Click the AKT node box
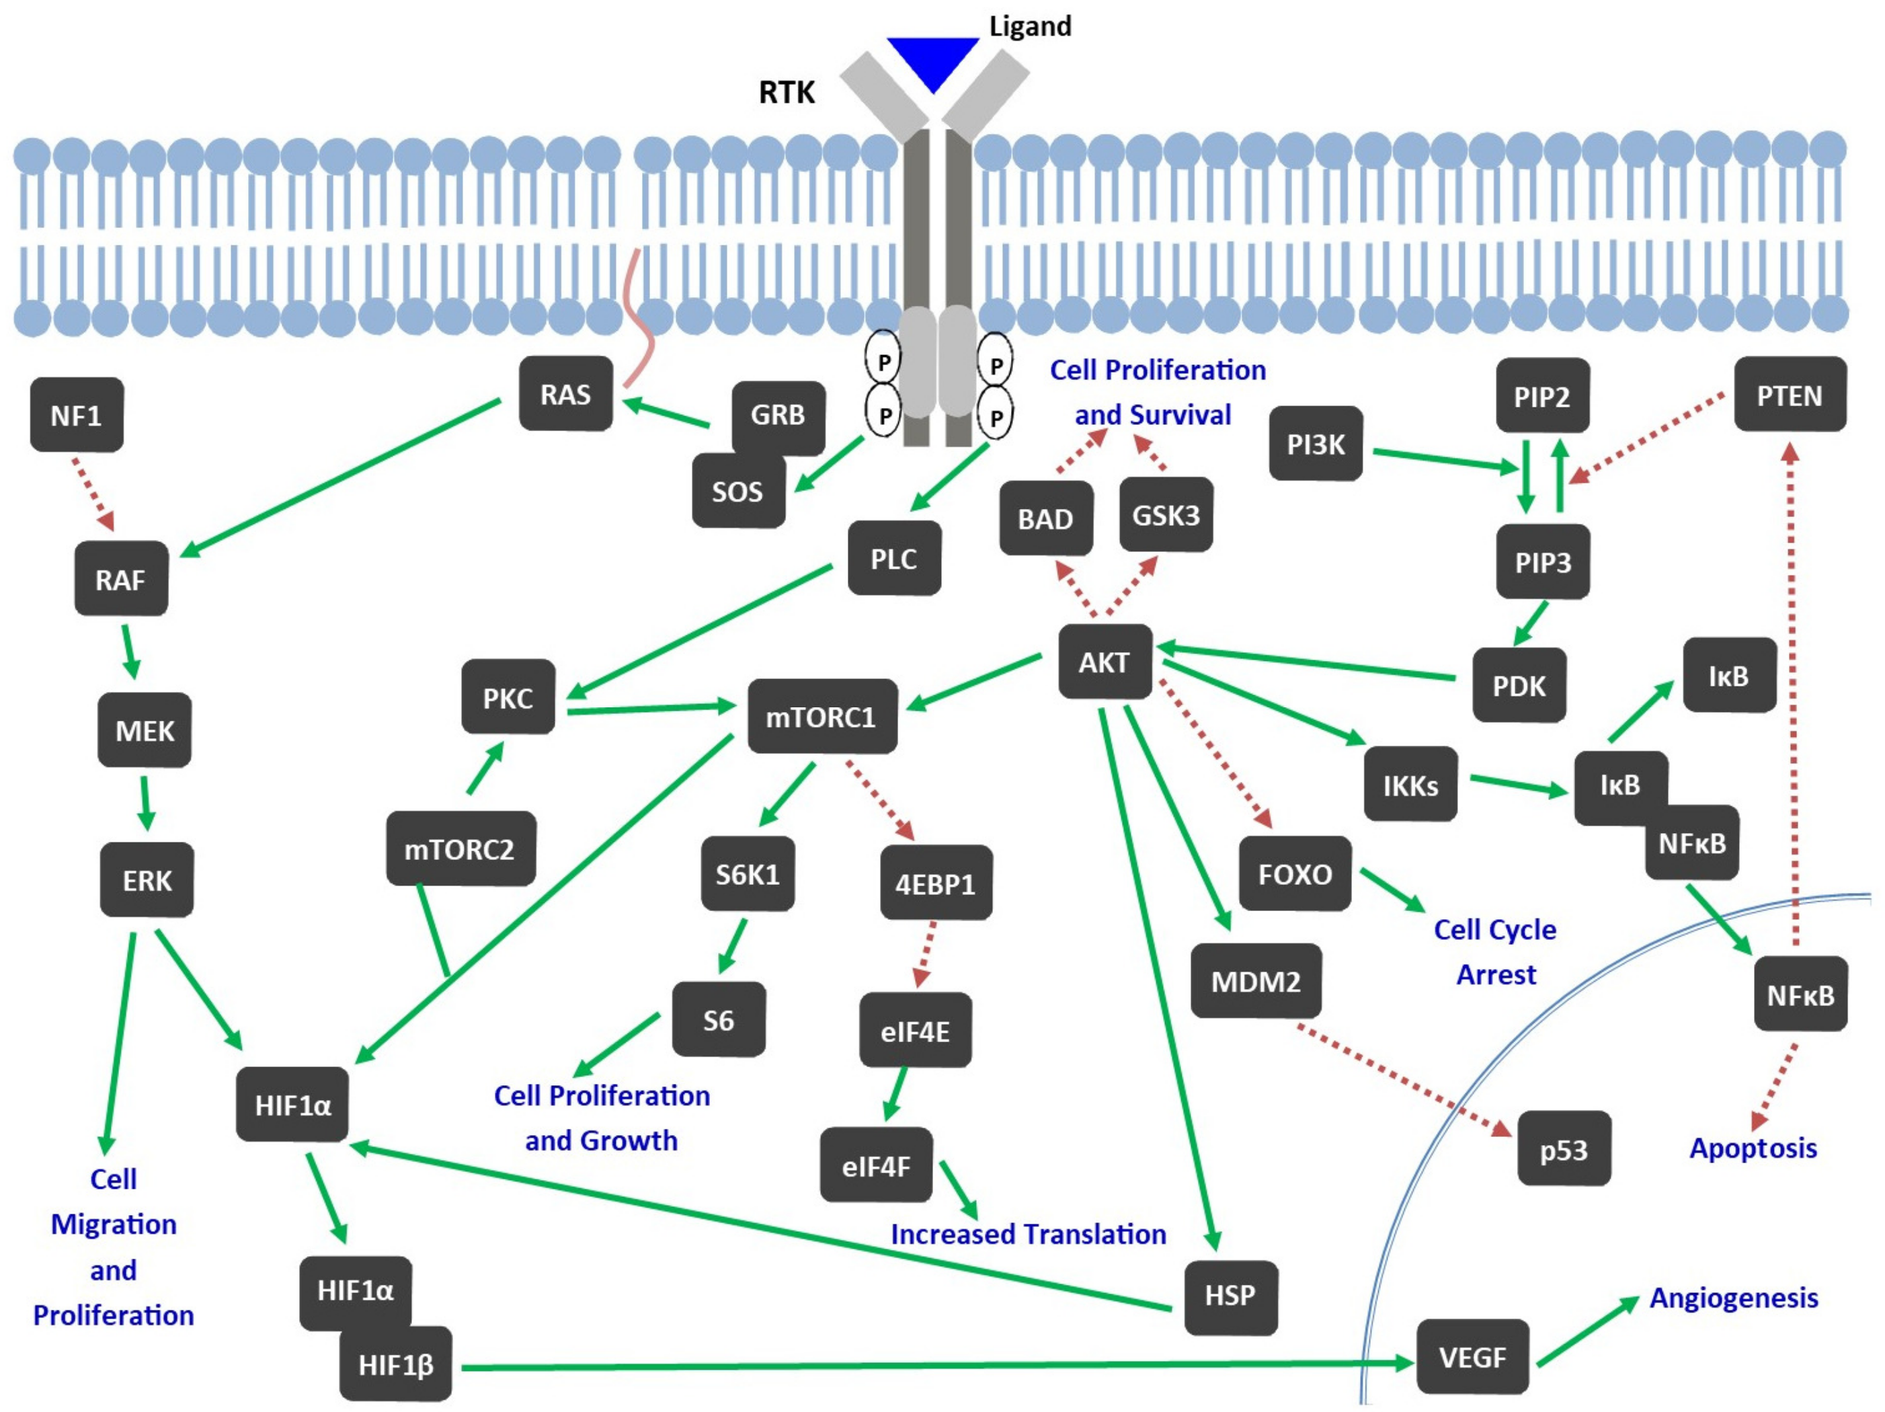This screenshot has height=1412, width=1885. [1105, 662]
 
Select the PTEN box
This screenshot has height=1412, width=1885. [1790, 395]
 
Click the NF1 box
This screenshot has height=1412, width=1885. [77, 415]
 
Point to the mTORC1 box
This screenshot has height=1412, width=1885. [821, 717]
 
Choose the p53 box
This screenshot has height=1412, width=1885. [1564, 1148]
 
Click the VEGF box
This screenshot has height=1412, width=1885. [1472, 1357]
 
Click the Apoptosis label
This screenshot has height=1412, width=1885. [1753, 1148]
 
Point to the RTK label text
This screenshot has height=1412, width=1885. [787, 92]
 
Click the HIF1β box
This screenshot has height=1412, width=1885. [395, 1364]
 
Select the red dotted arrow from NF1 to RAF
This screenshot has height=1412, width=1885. [93, 494]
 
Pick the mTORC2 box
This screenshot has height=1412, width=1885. [460, 849]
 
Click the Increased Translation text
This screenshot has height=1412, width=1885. [1028, 1234]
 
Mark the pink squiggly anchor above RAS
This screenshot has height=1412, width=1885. [639, 324]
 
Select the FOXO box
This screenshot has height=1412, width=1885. [1295, 874]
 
